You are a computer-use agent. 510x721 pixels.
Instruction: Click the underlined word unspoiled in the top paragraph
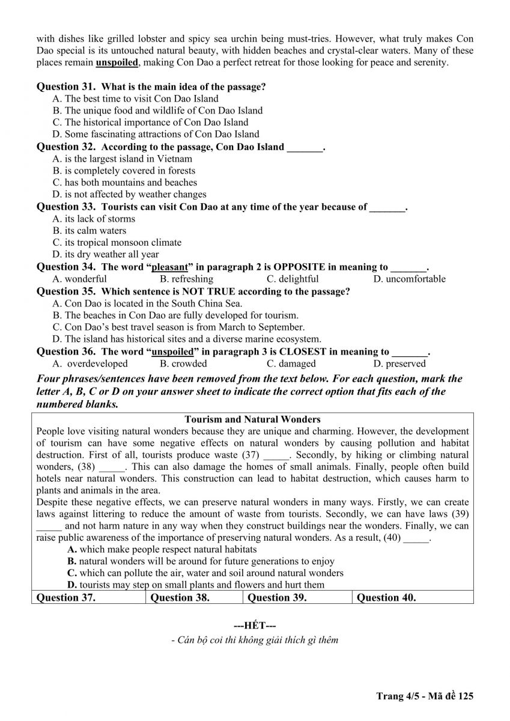[x=117, y=62]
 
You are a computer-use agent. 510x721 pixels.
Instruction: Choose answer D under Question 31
[x=156, y=134]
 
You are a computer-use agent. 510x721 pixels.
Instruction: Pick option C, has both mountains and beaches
[x=124, y=182]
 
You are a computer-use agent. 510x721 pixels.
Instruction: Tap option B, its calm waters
[x=90, y=231]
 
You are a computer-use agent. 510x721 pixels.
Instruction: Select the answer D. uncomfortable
[x=409, y=279]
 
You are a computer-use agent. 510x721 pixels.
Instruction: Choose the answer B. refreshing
[x=186, y=279]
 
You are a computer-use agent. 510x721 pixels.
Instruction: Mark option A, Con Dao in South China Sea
[x=147, y=303]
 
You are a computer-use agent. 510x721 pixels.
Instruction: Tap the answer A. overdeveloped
[x=90, y=364]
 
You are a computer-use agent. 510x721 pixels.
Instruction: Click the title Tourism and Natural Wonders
[x=252, y=419]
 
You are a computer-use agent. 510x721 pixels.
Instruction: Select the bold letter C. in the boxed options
[x=72, y=573]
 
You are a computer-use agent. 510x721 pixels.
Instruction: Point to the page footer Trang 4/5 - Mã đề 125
[x=425, y=696]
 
